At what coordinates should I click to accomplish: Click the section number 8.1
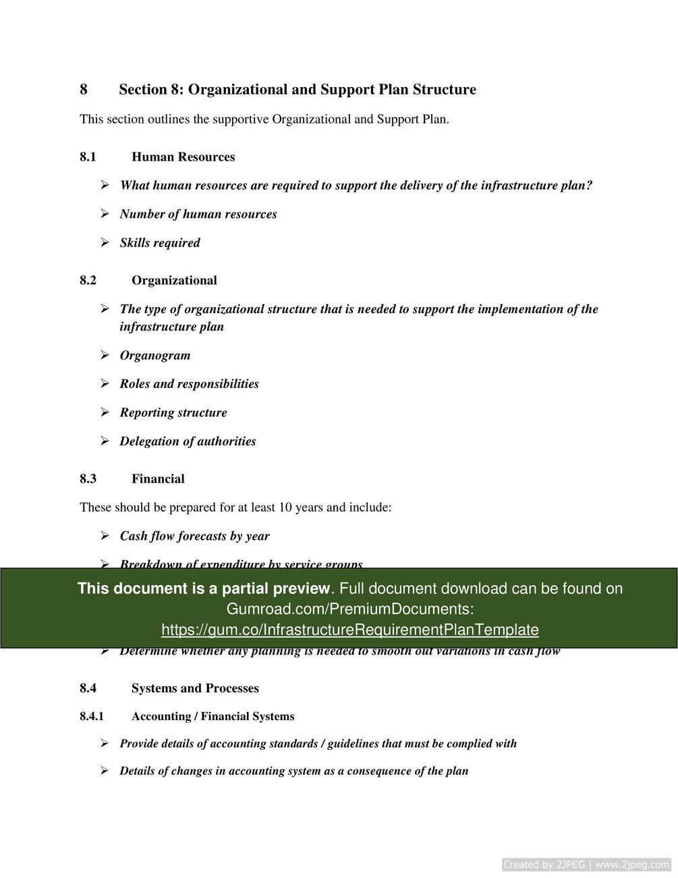(x=88, y=157)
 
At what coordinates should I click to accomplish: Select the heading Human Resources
(x=183, y=157)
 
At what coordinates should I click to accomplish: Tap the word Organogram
(x=154, y=356)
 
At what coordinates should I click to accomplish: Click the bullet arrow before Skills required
(x=105, y=242)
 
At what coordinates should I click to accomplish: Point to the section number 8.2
(x=88, y=281)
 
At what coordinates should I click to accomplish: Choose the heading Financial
(x=158, y=479)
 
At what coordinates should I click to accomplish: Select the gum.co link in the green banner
(x=349, y=630)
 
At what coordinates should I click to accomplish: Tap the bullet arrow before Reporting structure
(x=105, y=412)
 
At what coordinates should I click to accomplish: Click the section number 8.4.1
(x=92, y=717)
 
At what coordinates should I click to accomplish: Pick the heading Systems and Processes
(x=195, y=688)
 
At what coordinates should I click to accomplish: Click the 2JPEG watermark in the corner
(x=586, y=865)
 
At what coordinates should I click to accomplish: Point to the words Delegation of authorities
(x=188, y=441)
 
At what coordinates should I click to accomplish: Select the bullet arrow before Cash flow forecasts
(x=105, y=536)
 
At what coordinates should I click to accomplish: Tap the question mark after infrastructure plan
(x=589, y=186)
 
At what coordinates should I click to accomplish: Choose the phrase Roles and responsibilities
(x=189, y=384)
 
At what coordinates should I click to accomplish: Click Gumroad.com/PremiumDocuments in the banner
(x=349, y=609)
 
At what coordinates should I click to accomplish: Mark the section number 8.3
(x=88, y=479)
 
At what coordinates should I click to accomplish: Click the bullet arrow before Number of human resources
(x=105, y=214)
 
